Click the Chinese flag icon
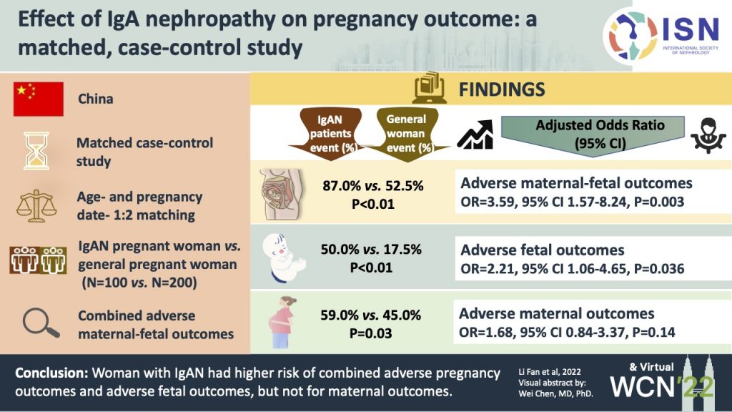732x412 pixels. (x=39, y=99)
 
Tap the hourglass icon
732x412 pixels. (x=39, y=150)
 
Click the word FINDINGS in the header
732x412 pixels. (x=501, y=89)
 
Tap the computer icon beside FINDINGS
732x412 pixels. (x=430, y=89)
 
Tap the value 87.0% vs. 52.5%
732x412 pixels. (x=372, y=186)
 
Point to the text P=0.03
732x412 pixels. (x=372, y=333)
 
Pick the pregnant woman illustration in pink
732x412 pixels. (x=281, y=325)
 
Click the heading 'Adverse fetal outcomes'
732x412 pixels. (x=542, y=250)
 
